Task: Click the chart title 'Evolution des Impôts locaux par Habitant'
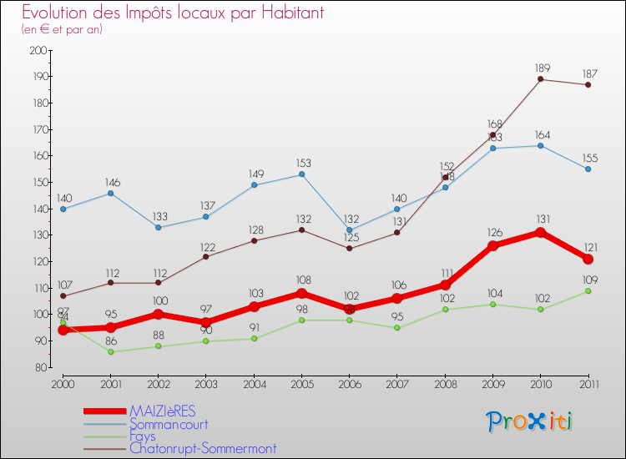[173, 13]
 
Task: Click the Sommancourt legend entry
[174, 424]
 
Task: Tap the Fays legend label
[143, 436]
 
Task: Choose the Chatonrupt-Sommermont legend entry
[203, 448]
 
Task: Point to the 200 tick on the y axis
[38, 50]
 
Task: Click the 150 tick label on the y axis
[38, 182]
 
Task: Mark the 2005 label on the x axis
[301, 384]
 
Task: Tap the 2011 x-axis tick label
[588, 384]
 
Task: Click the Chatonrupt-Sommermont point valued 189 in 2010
[540, 79]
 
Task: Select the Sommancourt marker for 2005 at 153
[301, 174]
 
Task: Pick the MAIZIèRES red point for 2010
[540, 232]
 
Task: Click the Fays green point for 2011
[588, 290]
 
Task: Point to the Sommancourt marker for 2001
[110, 193]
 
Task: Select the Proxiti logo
[530, 421]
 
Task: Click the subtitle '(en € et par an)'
[63, 29]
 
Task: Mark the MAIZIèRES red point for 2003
[206, 322]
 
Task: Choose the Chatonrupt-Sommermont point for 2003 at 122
[206, 256]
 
